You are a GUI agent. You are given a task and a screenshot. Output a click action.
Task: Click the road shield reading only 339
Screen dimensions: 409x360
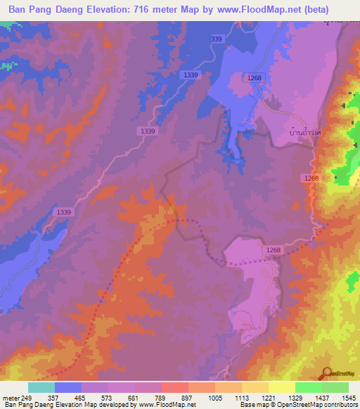tap(216, 39)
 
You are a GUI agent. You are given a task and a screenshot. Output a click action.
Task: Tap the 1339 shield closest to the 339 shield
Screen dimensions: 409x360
tap(190, 74)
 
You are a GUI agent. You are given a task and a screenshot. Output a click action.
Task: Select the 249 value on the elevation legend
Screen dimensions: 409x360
tap(27, 397)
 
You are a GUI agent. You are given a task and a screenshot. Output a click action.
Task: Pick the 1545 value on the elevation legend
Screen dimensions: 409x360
tap(348, 397)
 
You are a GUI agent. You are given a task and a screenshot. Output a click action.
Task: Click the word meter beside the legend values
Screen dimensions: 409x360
tap(10, 397)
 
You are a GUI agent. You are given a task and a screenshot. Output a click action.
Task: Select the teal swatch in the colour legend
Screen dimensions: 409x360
tap(41, 387)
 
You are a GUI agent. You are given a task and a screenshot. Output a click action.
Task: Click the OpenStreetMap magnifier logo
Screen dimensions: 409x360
tap(326, 373)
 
